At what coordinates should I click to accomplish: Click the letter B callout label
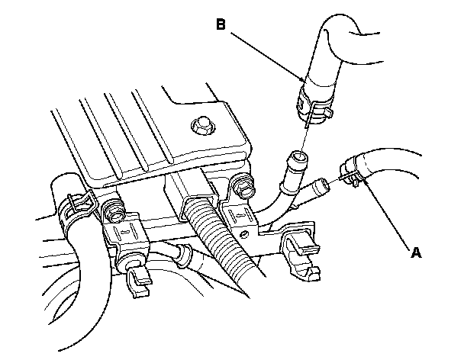[220, 25]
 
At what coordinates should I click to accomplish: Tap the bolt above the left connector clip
[115, 206]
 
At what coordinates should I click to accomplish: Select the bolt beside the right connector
[243, 184]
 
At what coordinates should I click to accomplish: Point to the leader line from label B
[267, 53]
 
